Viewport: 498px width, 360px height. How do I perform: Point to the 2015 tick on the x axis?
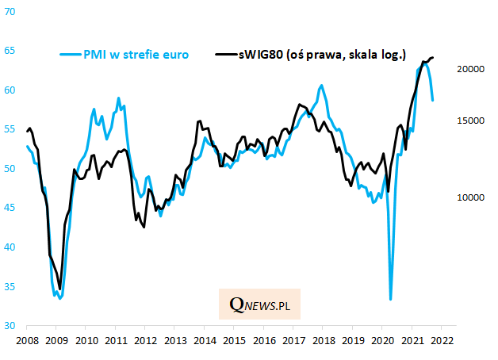point(233,340)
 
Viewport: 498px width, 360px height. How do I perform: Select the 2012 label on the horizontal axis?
point(144,340)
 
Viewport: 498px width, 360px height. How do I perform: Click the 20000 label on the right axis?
point(471,70)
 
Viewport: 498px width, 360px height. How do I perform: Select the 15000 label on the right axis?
point(471,121)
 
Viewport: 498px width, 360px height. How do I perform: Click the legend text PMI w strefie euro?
point(136,55)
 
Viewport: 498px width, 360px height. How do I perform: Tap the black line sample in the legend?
point(225,55)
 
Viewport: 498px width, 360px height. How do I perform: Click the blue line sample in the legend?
point(70,55)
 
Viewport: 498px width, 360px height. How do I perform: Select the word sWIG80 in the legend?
point(262,55)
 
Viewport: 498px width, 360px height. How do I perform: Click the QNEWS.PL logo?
point(259,304)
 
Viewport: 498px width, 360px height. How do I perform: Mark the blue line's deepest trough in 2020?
point(391,299)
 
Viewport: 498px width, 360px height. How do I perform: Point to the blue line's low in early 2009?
point(59,298)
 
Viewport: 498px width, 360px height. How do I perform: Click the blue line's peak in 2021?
point(424,63)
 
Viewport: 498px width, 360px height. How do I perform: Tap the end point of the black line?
point(432,57)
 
